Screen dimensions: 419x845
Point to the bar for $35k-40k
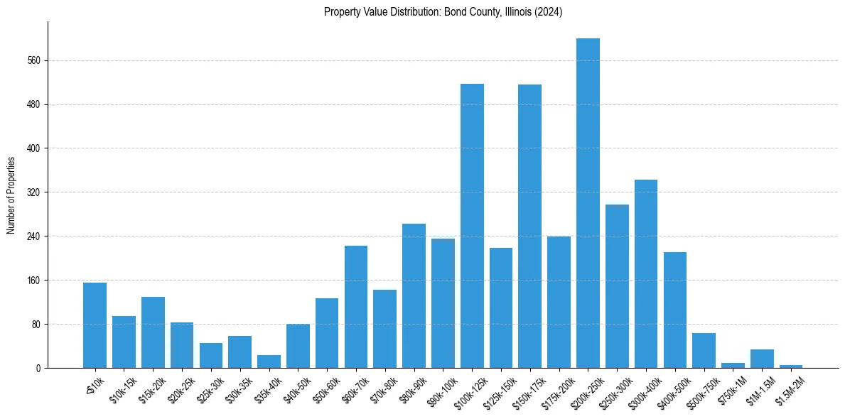(269, 361)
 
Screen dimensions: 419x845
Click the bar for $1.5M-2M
(790, 366)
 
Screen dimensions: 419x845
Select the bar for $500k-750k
(704, 350)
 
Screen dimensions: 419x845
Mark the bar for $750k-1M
(733, 365)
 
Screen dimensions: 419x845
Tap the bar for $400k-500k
(674, 310)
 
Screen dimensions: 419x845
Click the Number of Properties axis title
(11, 195)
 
